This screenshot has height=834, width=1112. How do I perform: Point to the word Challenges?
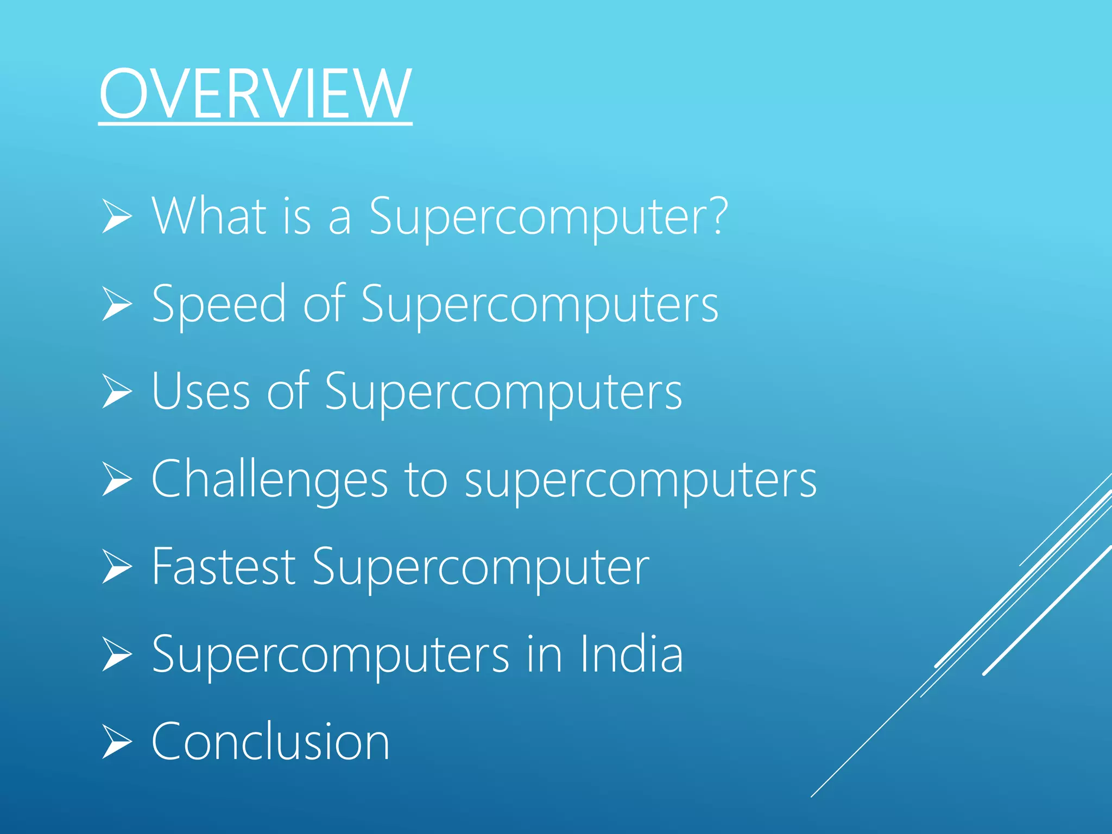coord(269,479)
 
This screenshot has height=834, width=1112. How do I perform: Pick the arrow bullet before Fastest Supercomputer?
coord(116,567)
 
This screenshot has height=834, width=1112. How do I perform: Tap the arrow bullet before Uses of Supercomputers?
coord(116,391)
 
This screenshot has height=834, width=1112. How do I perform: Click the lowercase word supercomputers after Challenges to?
coord(641,481)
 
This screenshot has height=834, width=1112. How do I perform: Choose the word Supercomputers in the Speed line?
coord(540,305)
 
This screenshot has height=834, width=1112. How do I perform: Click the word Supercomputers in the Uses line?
coord(503,393)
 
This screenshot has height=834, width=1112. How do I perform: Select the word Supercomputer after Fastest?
coord(481,568)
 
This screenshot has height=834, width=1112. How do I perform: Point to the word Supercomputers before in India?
coord(330,655)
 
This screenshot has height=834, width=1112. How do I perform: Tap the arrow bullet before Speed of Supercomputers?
coord(116,304)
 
